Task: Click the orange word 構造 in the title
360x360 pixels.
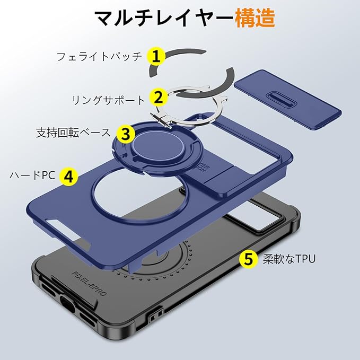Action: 255,19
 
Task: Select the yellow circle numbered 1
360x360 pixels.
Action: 154,55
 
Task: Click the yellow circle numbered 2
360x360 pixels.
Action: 157,97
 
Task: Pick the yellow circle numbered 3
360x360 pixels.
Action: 125,134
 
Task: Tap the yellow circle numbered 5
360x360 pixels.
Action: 248,259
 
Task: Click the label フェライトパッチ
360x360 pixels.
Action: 100,56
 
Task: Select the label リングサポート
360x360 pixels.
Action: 108,99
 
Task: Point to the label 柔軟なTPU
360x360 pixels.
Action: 289,259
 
